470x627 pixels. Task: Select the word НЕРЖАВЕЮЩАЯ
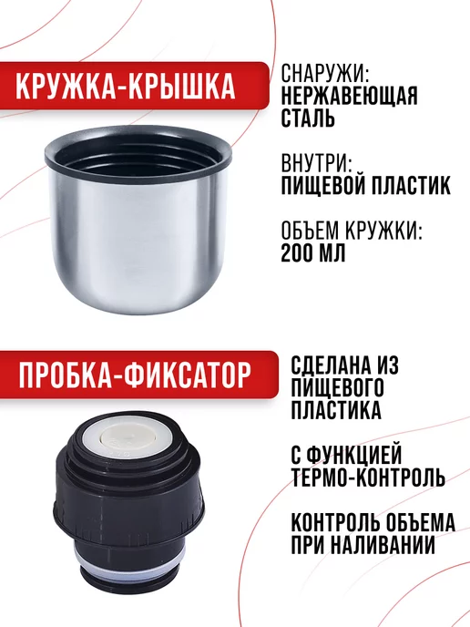point(349,96)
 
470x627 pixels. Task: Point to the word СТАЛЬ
point(309,118)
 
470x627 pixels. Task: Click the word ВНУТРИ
point(315,164)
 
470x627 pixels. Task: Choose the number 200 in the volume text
point(299,254)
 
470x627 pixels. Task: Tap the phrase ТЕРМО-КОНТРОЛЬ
point(367,478)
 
